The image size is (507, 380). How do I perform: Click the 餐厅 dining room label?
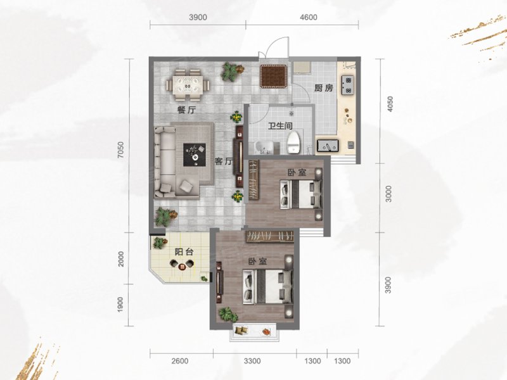(x=186, y=110)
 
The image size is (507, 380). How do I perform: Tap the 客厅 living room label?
(x=224, y=161)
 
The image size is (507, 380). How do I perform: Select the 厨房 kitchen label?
(x=323, y=88)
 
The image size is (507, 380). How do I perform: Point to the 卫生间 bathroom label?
(x=280, y=125)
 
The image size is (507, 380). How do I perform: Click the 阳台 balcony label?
(x=184, y=251)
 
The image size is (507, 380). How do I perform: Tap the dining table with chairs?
(x=188, y=85)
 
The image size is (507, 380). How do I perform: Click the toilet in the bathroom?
(x=293, y=142)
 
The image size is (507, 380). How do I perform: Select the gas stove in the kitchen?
(x=347, y=85)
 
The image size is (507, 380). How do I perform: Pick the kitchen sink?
(x=328, y=146)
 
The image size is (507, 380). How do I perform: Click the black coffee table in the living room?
(x=195, y=155)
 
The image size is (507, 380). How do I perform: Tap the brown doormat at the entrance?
(x=274, y=77)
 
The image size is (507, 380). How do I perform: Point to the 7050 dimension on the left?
(x=120, y=150)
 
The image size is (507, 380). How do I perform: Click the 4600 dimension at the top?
(x=309, y=17)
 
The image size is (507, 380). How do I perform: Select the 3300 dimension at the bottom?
(x=252, y=360)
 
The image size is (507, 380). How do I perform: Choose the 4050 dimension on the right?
(x=390, y=104)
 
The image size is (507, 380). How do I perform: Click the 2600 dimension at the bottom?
(x=180, y=360)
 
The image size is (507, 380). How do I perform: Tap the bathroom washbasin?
(x=264, y=148)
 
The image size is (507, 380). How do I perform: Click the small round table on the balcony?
(x=182, y=266)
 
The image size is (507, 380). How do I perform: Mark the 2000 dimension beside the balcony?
(x=121, y=259)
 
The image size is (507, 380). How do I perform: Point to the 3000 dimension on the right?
(x=388, y=194)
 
